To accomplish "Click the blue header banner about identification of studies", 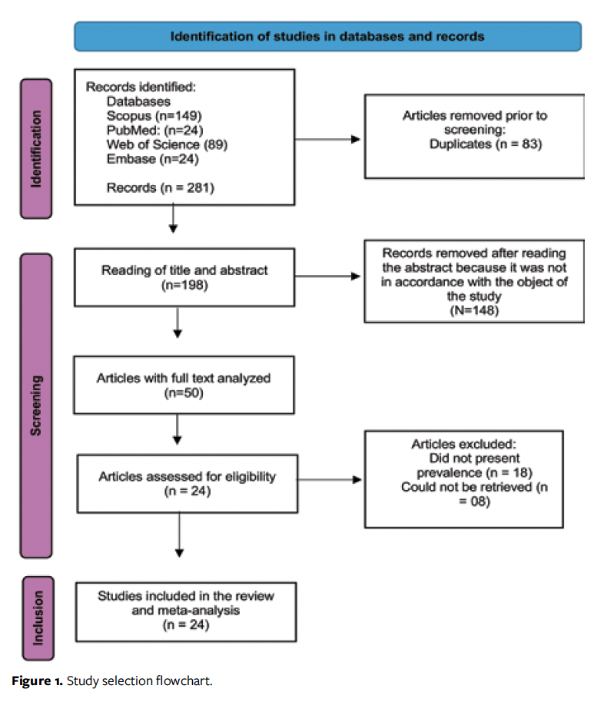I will click(x=327, y=36).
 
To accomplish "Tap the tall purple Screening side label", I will click(x=35, y=405).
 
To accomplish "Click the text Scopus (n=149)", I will click(x=154, y=115).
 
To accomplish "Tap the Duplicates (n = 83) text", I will click(x=475, y=144).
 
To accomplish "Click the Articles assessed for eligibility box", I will click(x=187, y=484).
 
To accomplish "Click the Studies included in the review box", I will click(x=185, y=611).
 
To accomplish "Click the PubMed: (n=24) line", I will click(x=154, y=130).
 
